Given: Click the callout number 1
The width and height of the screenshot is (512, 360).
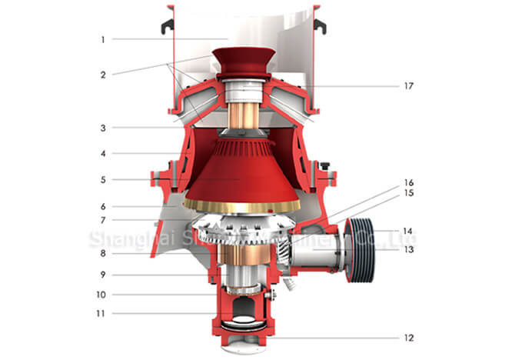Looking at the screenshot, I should (x=102, y=38).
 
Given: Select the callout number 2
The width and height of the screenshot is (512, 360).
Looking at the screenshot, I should (x=102, y=75).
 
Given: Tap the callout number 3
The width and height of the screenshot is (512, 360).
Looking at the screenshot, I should (x=102, y=128).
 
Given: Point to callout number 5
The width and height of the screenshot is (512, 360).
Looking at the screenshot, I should (x=102, y=180).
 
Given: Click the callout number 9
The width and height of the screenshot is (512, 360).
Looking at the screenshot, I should (x=102, y=275).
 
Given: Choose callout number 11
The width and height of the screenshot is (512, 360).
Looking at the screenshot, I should (x=102, y=313).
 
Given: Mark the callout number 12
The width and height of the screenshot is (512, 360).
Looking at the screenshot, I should (x=408, y=338).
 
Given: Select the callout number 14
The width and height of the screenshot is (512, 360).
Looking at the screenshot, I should (x=408, y=230).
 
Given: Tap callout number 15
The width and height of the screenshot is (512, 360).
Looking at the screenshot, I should (x=408, y=192).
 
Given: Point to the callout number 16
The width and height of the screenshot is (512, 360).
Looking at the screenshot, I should (x=408, y=182).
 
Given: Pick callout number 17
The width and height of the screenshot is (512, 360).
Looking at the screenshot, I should (x=408, y=85).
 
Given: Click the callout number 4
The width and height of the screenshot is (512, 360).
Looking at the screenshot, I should (x=102, y=154).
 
